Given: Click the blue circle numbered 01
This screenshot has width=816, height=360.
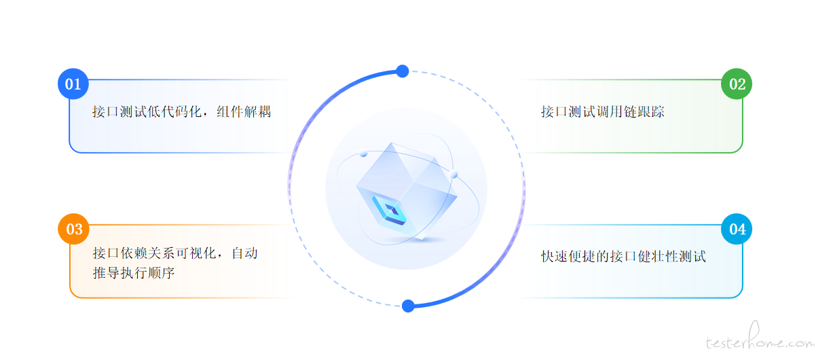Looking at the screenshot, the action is (73, 84).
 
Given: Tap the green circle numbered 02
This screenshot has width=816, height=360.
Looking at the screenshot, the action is (737, 84).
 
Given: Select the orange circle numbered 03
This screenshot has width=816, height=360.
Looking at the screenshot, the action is (73, 229).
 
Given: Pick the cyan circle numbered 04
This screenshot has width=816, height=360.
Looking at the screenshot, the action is (737, 229).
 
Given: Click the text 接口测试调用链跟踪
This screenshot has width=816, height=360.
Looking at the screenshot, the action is (603, 111).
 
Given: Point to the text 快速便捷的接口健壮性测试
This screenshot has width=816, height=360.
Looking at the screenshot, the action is (623, 256).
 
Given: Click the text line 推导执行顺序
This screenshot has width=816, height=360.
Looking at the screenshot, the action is (134, 272).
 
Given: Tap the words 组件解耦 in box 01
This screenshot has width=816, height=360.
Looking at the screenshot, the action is (244, 111).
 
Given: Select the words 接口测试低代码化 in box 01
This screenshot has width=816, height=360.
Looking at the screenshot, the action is (147, 111).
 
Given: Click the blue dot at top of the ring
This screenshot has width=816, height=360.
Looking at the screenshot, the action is (402, 71).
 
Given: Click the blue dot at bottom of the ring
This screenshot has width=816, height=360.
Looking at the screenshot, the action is (408, 306).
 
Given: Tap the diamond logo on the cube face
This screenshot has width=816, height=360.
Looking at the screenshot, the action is (390, 211).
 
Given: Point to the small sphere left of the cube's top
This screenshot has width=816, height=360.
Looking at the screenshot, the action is (363, 154).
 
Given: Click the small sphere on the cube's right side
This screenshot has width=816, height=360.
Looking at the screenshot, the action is (454, 174).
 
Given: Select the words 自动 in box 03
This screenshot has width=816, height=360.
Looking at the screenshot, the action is (245, 253).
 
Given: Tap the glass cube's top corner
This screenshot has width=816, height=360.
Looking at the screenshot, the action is (392, 143).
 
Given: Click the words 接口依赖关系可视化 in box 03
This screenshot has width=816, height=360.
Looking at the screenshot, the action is (154, 253).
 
